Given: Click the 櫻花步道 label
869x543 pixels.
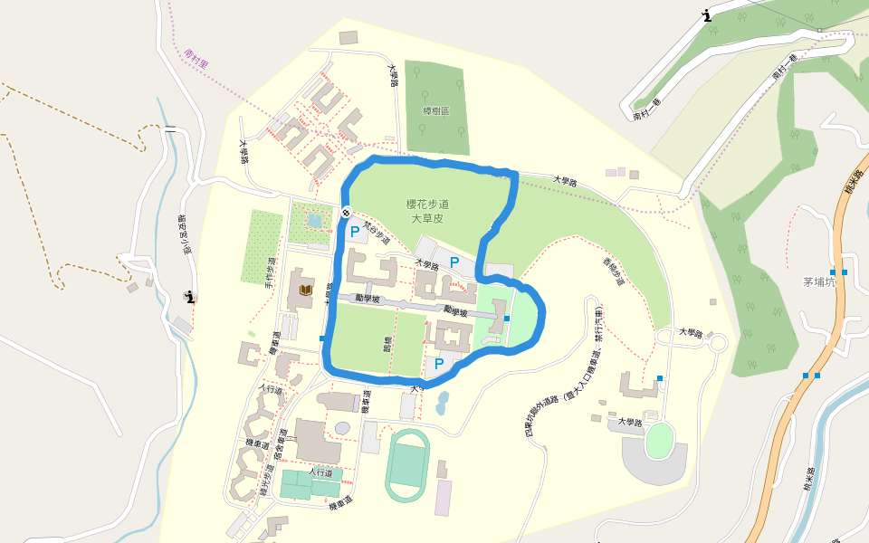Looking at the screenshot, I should click(428, 205).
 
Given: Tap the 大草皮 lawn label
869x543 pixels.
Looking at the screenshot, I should click(428, 218).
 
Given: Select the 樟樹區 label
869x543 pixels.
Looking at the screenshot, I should click(435, 111).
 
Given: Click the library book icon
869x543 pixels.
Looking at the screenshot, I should click(306, 290).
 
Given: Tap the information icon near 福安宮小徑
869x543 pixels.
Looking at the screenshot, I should click(190, 296).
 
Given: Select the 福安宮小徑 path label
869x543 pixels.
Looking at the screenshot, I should click(185, 235).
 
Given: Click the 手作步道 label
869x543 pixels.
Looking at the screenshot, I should click(269, 272).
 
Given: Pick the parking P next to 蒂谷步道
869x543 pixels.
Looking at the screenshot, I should click(355, 232).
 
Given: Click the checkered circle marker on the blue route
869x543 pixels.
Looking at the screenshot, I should click(346, 213).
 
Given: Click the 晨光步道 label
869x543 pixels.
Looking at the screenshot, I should click(269, 470).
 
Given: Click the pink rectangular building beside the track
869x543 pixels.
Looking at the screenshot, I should click(443, 498).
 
